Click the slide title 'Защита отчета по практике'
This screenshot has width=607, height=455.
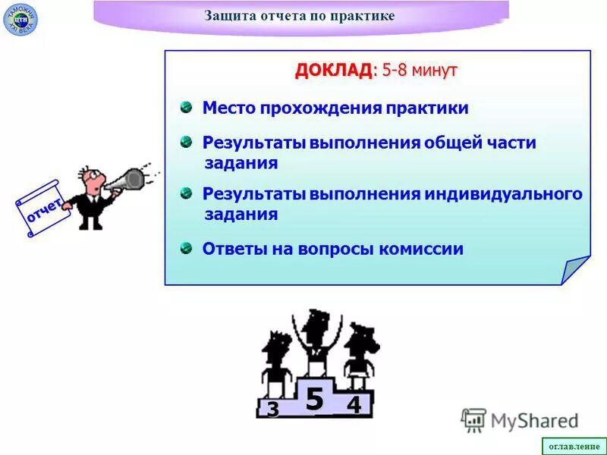(300, 17)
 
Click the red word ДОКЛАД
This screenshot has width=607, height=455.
(333, 71)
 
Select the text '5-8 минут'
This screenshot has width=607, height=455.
(420, 71)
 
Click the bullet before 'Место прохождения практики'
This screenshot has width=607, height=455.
(186, 108)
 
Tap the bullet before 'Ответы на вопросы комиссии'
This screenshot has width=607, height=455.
(186, 248)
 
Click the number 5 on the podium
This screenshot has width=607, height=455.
(314, 399)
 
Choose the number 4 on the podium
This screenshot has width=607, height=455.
(354, 406)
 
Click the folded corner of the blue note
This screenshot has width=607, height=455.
(574, 269)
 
